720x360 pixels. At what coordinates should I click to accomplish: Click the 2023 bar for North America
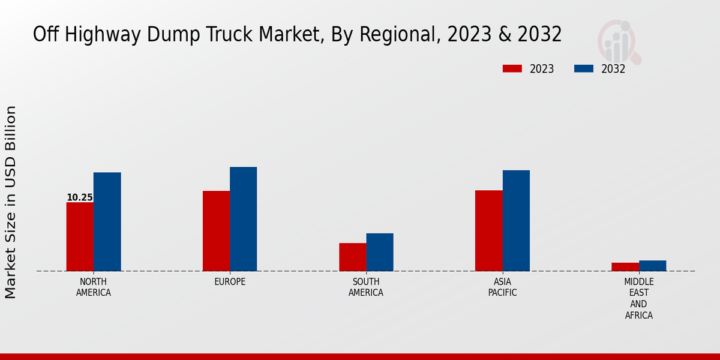coord(80,236)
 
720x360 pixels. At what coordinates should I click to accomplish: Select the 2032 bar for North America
coord(107,221)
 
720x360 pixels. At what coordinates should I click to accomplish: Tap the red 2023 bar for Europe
coord(216,231)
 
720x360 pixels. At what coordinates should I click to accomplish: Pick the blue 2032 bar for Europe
coord(243,219)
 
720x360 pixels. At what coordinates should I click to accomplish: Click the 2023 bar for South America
coord(352,257)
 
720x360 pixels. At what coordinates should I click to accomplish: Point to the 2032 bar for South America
coord(380,252)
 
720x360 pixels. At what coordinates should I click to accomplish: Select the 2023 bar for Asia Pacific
coord(488,230)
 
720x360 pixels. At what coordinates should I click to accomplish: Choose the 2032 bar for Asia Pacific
coord(516,220)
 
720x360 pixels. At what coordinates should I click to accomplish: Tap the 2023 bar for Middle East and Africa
coord(625,266)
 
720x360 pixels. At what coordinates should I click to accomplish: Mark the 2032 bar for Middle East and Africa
coord(652,265)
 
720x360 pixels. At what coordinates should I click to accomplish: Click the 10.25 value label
coord(80,197)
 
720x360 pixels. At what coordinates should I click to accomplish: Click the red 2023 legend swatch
coord(512,68)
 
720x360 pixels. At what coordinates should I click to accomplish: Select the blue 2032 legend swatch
coord(583,68)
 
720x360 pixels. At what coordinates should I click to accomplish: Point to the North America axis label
coord(94,287)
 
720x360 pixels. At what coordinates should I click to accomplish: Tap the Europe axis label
coord(230,282)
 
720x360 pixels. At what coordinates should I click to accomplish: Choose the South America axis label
coord(366,287)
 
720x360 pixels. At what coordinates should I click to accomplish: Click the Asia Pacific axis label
coord(502,287)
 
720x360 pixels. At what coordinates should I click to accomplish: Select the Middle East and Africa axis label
coord(639,298)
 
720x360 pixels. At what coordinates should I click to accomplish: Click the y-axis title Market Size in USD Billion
coord(11,202)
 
